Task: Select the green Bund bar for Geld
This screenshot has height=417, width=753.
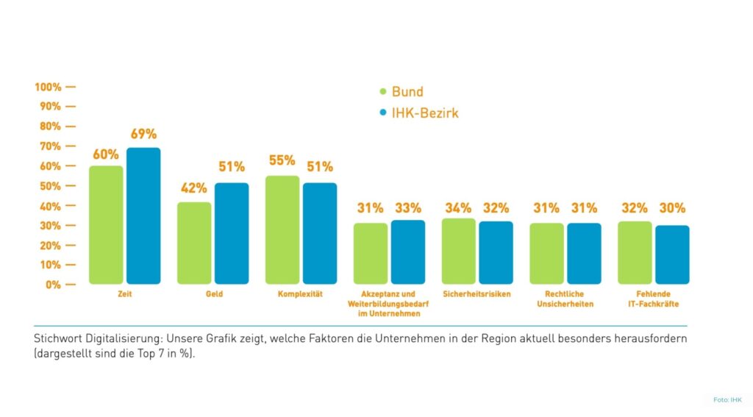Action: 194,243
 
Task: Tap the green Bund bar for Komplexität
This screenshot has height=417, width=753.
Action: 282,229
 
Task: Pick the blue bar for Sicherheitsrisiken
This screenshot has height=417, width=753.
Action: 496,252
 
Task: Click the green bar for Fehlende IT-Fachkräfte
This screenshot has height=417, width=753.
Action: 635,252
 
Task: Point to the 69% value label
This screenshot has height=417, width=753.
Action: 143,135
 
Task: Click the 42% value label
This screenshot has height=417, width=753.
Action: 194,188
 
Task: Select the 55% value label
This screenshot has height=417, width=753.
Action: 282,160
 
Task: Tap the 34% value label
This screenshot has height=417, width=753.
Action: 458,208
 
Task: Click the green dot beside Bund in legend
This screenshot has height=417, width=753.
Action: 383,92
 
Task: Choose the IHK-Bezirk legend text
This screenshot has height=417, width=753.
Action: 426,113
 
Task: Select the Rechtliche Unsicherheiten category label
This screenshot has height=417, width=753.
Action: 565,299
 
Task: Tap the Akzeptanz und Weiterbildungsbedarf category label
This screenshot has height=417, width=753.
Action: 389,304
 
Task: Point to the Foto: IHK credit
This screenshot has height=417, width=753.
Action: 727,399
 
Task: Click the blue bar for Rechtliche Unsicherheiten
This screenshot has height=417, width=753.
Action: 584,253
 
